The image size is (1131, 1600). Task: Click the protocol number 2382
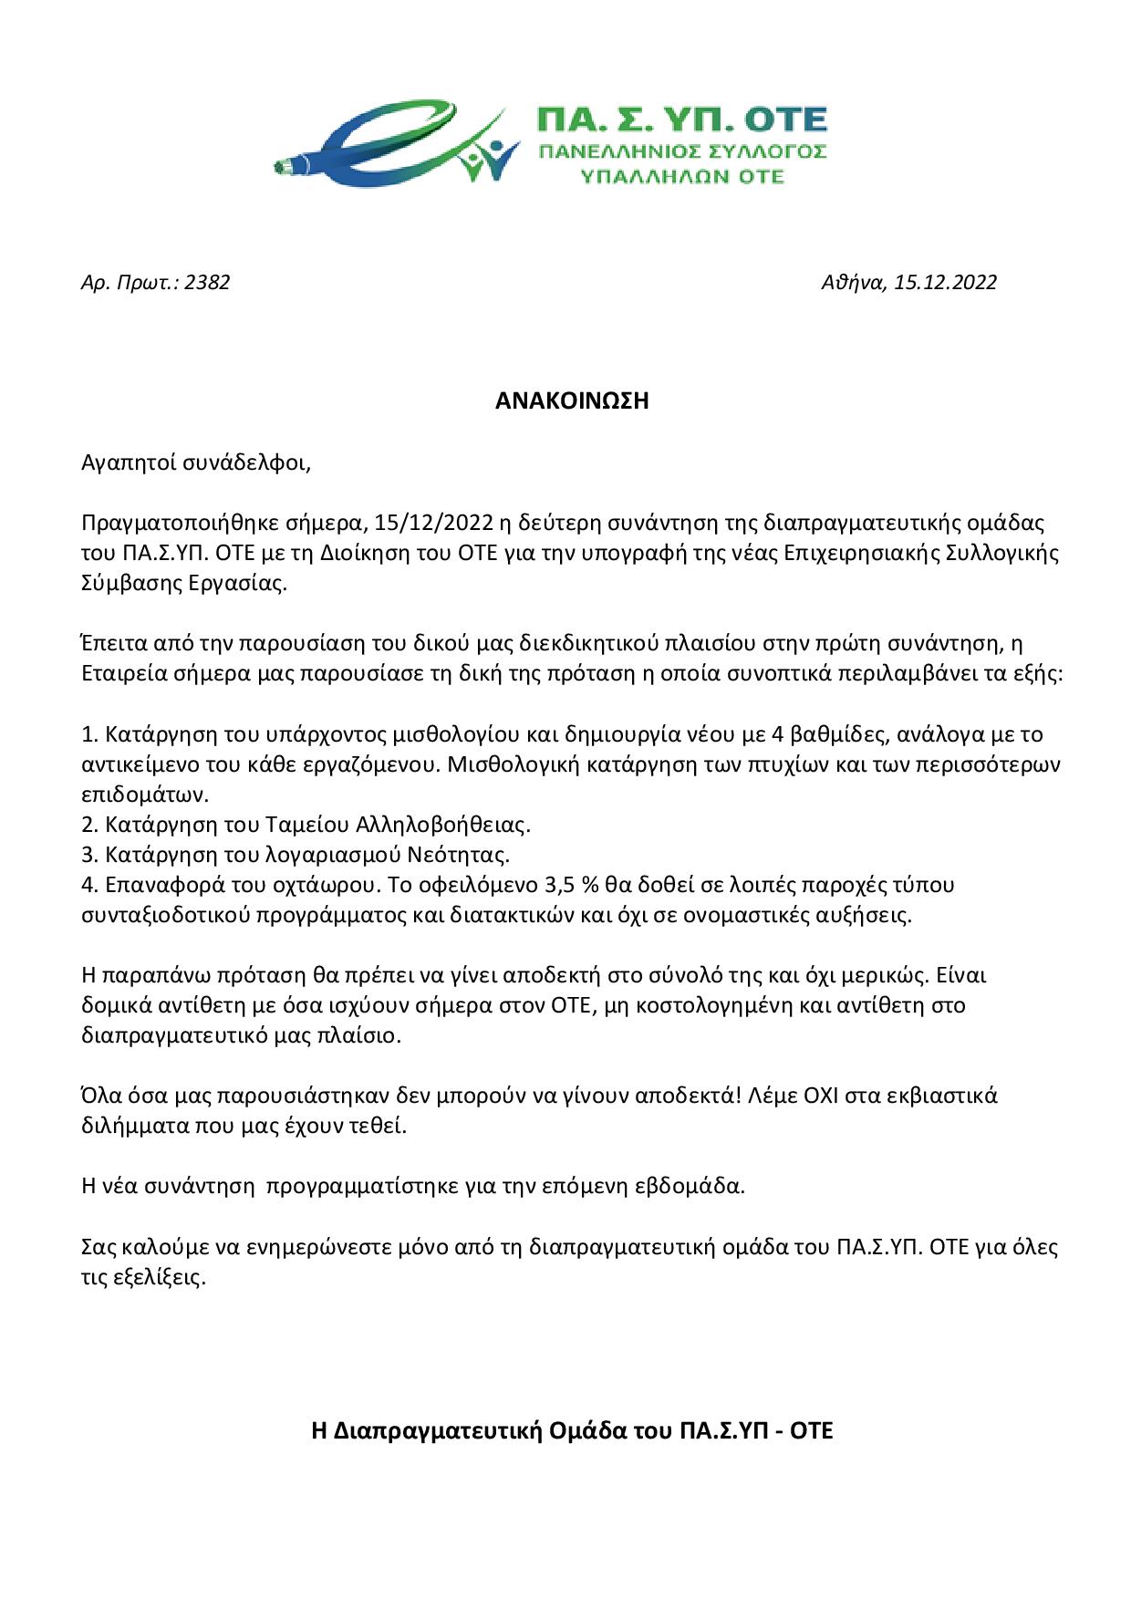coord(207,283)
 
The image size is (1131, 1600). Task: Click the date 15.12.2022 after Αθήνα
coord(946,283)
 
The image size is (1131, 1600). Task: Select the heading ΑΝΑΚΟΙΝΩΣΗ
coord(565,401)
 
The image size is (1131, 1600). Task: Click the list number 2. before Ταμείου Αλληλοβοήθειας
coord(89,826)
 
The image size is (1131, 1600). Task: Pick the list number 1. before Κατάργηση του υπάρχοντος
coord(89,735)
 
